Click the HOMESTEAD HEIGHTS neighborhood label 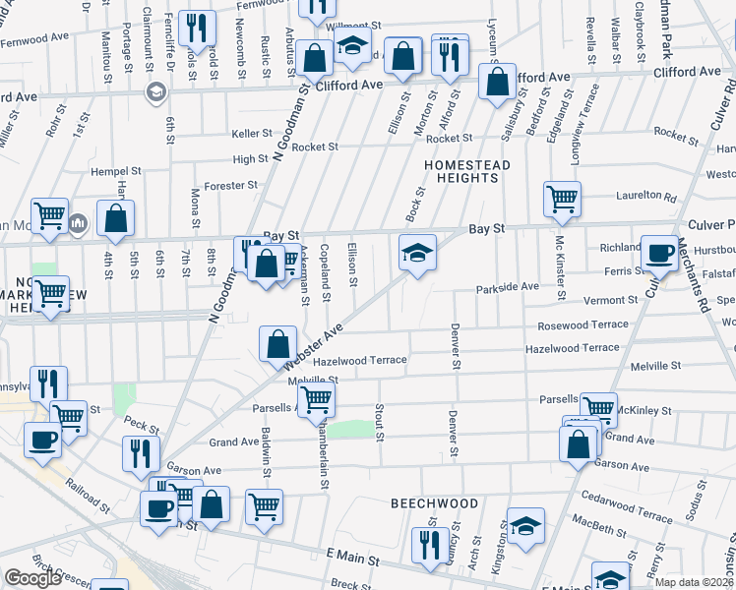point(467,171)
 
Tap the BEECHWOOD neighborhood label point(434,503)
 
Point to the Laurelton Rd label point(644,196)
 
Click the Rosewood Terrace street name point(583,324)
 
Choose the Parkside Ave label point(508,287)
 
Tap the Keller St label point(252,134)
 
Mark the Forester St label point(231,184)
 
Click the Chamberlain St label point(323,451)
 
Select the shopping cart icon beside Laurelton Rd point(562,199)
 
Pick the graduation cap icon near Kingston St point(525,526)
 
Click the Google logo point(32,578)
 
